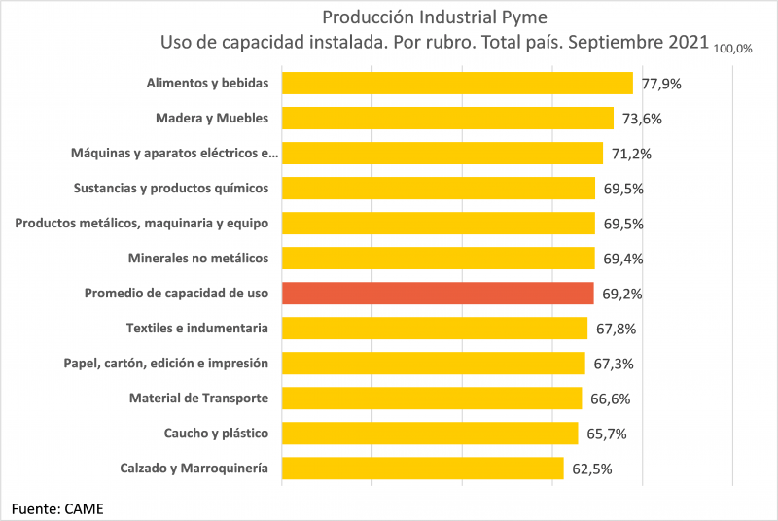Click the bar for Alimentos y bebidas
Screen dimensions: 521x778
click(457, 83)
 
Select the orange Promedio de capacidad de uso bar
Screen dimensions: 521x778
click(438, 293)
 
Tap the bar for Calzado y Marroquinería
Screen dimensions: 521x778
click(422, 468)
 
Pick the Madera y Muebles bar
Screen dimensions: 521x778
click(447, 118)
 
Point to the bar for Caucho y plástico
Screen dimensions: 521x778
click(430, 433)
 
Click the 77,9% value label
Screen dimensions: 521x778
click(661, 84)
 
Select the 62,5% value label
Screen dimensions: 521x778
click(592, 469)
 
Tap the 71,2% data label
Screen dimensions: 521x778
click(631, 154)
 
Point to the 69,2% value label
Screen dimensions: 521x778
click(622, 294)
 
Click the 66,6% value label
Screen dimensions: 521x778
click(610, 399)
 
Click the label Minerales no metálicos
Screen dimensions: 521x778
click(198, 258)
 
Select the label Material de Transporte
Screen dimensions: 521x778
click(198, 398)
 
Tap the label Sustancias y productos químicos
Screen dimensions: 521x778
click(171, 188)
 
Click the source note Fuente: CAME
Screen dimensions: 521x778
click(57, 506)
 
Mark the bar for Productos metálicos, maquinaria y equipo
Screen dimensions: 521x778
click(438, 223)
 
